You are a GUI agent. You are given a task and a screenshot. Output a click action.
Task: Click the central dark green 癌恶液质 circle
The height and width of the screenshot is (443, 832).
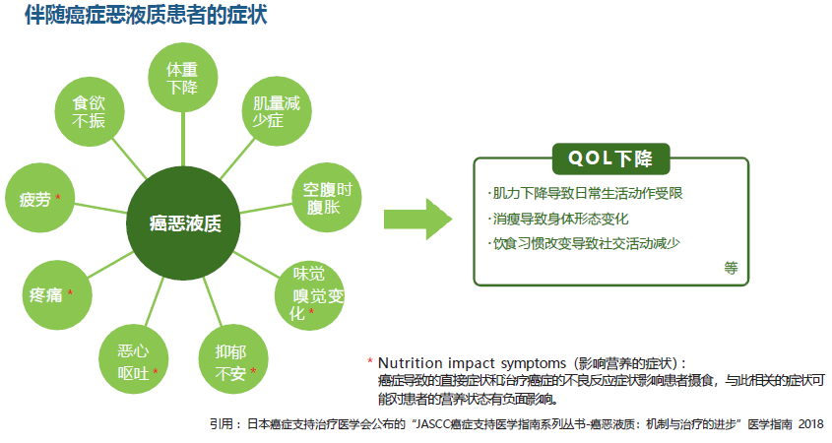click(x=183, y=222)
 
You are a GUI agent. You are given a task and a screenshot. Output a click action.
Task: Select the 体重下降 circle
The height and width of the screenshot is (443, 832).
click(x=182, y=78)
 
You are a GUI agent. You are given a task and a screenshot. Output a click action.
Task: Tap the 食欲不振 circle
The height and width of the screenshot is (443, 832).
click(x=90, y=111)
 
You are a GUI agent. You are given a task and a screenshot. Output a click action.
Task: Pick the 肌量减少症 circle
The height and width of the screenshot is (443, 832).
click(x=277, y=111)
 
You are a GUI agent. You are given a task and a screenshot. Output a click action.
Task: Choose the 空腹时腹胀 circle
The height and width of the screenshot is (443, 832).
click(x=327, y=197)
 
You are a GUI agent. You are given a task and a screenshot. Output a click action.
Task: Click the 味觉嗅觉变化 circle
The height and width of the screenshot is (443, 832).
click(x=310, y=295)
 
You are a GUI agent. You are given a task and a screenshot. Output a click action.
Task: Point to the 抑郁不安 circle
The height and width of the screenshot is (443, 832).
click(x=233, y=359)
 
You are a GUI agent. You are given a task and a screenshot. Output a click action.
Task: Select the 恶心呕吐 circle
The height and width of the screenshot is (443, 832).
click(x=134, y=359)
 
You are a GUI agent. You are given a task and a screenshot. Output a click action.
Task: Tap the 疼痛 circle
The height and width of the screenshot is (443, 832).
click(x=57, y=295)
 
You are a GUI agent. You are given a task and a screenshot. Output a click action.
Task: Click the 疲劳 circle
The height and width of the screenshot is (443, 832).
click(x=39, y=197)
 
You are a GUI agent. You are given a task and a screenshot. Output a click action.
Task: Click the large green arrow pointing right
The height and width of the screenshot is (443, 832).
click(x=418, y=220)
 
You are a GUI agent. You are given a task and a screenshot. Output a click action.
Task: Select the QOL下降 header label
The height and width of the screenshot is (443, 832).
click(x=610, y=158)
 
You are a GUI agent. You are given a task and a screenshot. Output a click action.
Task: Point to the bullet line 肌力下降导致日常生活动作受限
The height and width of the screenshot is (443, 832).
click(x=585, y=193)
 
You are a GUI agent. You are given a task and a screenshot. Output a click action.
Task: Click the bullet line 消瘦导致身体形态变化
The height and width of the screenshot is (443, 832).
click(x=558, y=219)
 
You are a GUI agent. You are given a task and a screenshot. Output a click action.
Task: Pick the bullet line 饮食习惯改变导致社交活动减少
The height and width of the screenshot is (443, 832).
click(x=584, y=243)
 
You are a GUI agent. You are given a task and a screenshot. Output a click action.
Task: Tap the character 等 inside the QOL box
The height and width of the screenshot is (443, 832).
click(x=732, y=268)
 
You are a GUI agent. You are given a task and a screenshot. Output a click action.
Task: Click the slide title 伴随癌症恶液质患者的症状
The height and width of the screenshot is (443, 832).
click(x=146, y=15)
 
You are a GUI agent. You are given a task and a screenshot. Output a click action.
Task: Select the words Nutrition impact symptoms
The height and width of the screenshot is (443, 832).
click(x=473, y=363)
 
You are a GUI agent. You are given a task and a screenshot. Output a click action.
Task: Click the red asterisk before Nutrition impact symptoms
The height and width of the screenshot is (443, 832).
click(x=370, y=361)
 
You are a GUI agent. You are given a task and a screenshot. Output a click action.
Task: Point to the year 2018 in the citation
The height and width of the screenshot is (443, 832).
click(x=810, y=424)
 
